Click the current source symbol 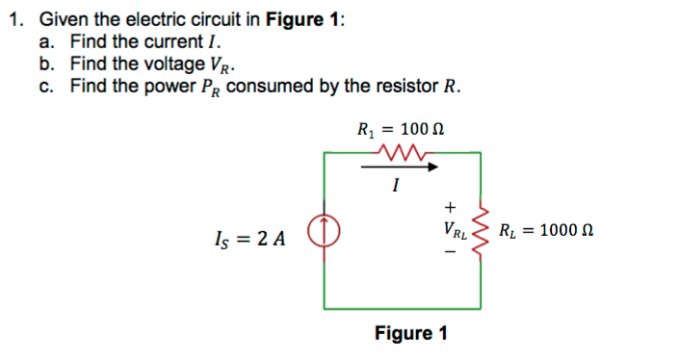[324, 232]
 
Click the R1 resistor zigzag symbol [403, 150]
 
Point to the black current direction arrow [401, 167]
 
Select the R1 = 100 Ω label [401, 129]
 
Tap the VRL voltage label [454, 232]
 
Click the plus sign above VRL [448, 206]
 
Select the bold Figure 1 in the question [292, 21]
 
